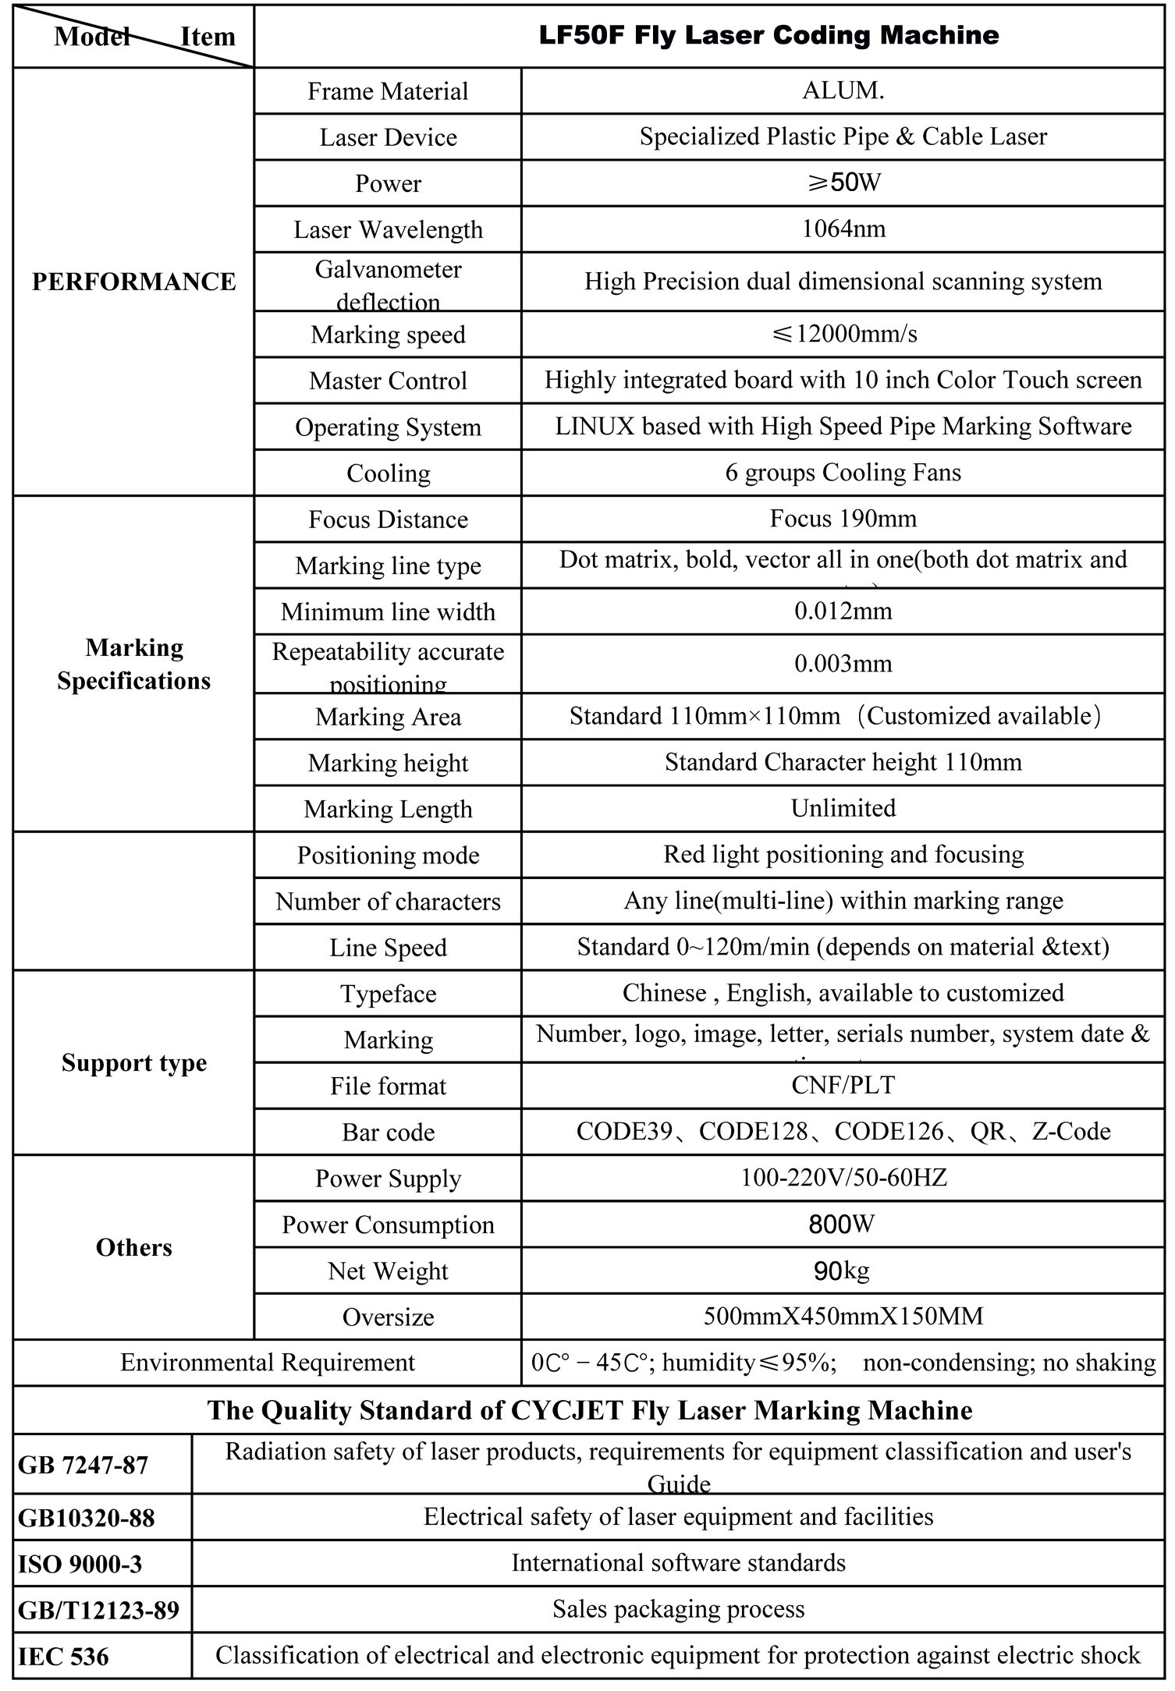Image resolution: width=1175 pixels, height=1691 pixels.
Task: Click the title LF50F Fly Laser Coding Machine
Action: tap(769, 35)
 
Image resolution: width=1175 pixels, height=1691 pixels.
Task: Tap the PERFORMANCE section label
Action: tap(133, 282)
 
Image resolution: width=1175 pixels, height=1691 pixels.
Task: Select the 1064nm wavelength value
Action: tap(843, 229)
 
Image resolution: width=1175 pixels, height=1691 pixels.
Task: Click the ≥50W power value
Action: tap(843, 183)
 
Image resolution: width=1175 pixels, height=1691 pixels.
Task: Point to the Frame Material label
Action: tap(388, 91)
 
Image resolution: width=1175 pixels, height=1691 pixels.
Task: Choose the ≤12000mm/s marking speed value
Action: tap(843, 334)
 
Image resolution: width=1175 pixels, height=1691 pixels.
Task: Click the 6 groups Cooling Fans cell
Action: tap(843, 472)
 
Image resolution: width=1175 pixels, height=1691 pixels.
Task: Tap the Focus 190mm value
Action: tap(843, 518)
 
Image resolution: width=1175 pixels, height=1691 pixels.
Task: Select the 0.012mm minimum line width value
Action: tap(843, 611)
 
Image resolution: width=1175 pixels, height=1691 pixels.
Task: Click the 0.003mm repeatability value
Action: tap(843, 664)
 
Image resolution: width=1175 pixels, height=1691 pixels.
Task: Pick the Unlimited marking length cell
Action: tap(843, 808)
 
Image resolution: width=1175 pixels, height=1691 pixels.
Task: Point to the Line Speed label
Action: tap(388, 948)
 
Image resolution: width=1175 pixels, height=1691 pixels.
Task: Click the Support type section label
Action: tap(134, 1062)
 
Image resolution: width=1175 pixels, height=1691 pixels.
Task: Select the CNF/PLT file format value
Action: tap(843, 1085)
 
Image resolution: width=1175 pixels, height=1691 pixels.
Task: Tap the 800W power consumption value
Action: tap(843, 1224)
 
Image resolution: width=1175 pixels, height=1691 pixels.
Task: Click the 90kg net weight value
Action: tap(843, 1271)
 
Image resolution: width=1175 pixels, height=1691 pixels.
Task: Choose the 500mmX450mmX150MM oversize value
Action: tap(843, 1317)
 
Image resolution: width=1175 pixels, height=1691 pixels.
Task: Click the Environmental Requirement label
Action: tap(268, 1363)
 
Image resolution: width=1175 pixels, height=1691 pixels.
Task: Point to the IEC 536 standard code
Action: tap(63, 1656)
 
